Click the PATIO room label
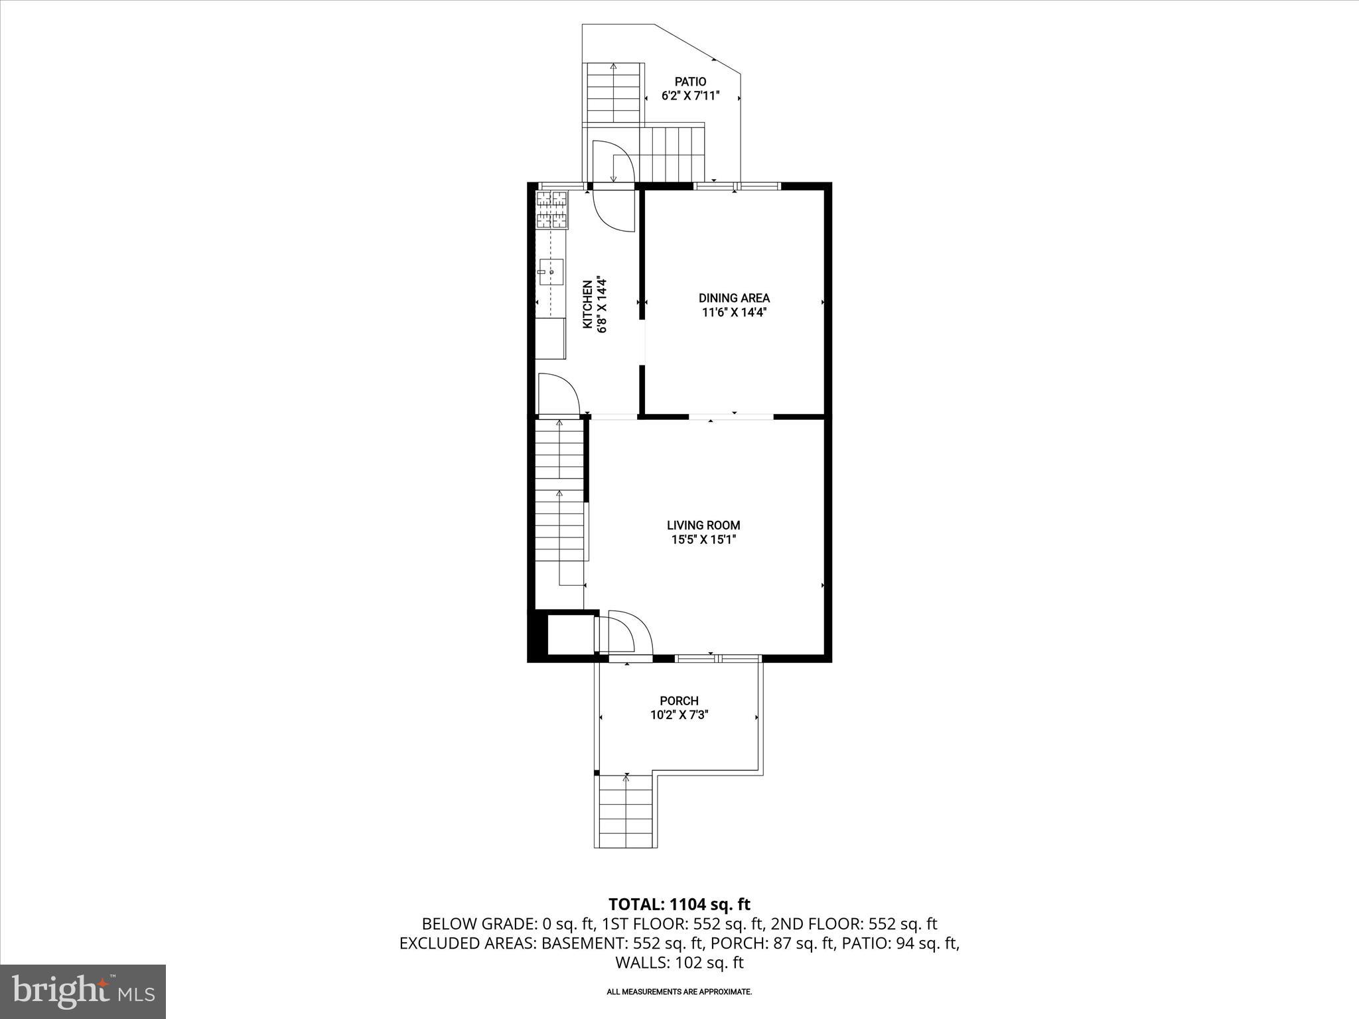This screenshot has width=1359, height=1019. [690, 82]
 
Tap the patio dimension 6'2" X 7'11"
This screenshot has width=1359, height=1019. [690, 96]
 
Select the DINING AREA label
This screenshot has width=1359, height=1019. [734, 298]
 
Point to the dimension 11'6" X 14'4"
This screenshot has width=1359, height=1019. [734, 312]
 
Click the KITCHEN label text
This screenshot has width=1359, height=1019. [587, 305]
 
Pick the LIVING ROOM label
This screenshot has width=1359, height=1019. [703, 525]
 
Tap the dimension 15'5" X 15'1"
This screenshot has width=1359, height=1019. [703, 539]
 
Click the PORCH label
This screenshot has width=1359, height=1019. [679, 701]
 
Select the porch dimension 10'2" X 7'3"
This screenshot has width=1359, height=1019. [679, 715]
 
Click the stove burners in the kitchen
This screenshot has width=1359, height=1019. [551, 210]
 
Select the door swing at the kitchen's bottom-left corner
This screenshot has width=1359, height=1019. [557, 394]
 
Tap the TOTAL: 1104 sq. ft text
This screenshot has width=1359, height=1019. [679, 904]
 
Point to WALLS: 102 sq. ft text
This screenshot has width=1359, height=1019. [679, 963]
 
